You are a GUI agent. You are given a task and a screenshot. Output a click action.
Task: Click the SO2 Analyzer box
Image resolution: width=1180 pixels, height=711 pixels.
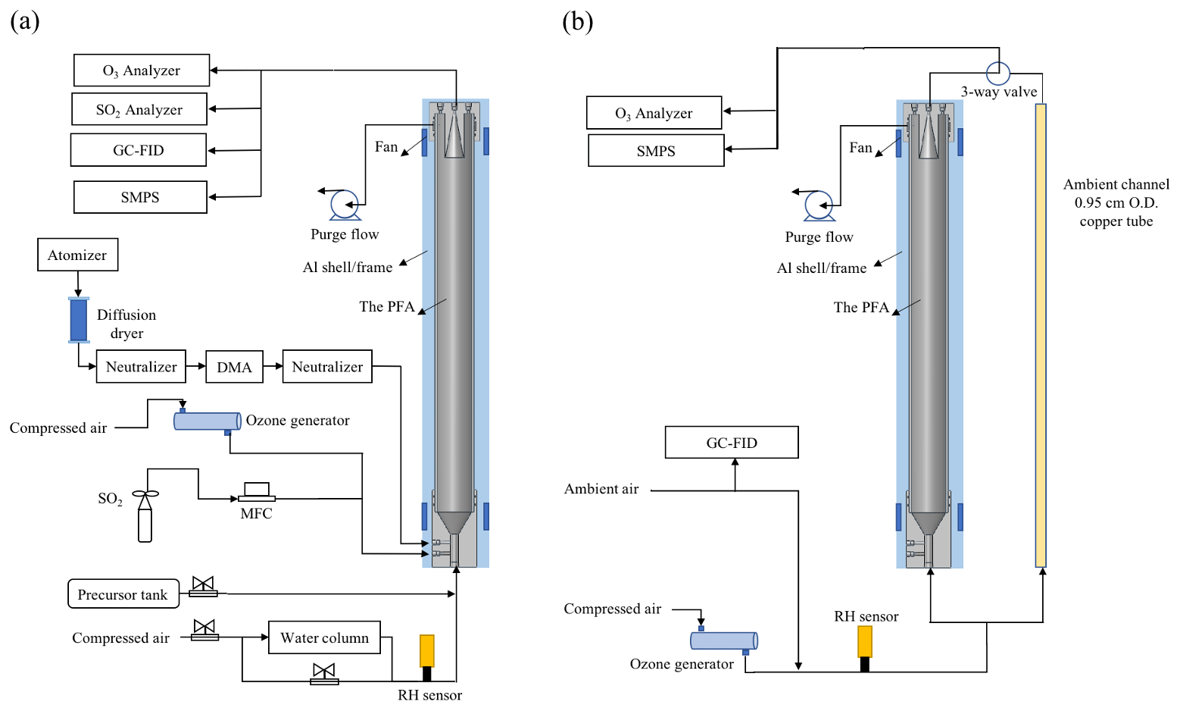pyautogui.click(x=139, y=109)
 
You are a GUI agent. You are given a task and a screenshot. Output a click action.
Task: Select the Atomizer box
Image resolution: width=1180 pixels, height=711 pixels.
pyautogui.click(x=77, y=255)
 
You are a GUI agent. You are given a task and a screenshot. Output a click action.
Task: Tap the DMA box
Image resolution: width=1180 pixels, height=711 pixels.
pyautogui.click(x=234, y=367)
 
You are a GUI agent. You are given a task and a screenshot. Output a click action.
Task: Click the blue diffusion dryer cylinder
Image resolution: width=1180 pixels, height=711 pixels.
pyautogui.click(x=79, y=320)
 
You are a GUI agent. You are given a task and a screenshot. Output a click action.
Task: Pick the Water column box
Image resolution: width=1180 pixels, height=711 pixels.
pyautogui.click(x=324, y=637)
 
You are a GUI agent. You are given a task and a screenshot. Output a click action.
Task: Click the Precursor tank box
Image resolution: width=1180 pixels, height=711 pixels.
pyautogui.click(x=123, y=594)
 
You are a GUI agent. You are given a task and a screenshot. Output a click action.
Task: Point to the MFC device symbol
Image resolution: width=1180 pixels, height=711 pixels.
pyautogui.click(x=257, y=492)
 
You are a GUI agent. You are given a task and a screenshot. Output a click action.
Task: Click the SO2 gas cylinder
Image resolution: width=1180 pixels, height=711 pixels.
pyautogui.click(x=145, y=519)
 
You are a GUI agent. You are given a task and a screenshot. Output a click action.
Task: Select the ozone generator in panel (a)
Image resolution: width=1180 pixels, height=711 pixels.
pyautogui.click(x=207, y=421)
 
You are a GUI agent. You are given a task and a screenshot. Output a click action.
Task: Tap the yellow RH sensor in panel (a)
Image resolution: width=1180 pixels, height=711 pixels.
pyautogui.click(x=427, y=651)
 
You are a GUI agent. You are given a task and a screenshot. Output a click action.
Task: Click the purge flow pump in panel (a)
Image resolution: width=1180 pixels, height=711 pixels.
pyautogui.click(x=345, y=205)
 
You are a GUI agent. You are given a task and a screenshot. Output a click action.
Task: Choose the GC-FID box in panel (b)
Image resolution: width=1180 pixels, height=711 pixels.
pyautogui.click(x=732, y=443)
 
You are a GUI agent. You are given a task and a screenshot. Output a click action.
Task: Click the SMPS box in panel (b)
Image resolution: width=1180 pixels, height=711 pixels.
pyautogui.click(x=656, y=151)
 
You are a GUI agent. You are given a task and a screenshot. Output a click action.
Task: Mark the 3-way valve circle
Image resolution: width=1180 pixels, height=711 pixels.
pyautogui.click(x=998, y=74)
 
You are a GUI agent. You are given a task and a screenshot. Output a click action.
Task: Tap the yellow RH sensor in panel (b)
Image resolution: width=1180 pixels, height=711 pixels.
pyautogui.click(x=865, y=641)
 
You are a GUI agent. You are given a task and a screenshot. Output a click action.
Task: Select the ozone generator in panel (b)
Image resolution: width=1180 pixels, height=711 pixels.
pyautogui.click(x=723, y=641)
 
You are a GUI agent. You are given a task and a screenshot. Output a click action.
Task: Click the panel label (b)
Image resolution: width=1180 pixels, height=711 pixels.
pyautogui.click(x=577, y=21)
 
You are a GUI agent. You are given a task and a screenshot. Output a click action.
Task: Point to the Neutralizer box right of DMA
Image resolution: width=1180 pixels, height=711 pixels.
pyautogui.click(x=327, y=367)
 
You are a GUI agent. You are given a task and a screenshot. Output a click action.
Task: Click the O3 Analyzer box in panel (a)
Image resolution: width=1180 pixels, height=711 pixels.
pyautogui.click(x=142, y=70)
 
